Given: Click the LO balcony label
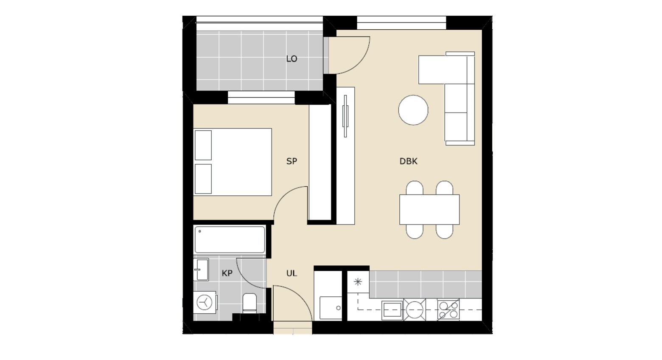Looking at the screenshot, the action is coord(292,59).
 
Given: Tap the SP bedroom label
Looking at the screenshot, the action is coord(292,161).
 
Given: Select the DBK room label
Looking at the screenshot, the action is coord(408,161).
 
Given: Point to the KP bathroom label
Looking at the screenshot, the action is coord(227,273).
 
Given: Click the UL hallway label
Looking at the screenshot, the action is coord(292,273).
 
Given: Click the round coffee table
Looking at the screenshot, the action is coord(413,110).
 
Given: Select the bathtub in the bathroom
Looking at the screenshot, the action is coord(230,240).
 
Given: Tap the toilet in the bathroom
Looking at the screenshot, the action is coord(250,303).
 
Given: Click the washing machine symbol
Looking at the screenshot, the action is coord(205,303).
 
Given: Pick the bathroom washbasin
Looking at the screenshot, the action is coord(201,270).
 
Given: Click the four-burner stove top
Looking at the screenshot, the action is coord(448,309).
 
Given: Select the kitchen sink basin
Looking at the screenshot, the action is coord(392,310).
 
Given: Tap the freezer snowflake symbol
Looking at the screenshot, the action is coord(358,282).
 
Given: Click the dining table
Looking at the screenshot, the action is coord(429,210).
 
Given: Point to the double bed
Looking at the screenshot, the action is coord(233,162).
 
